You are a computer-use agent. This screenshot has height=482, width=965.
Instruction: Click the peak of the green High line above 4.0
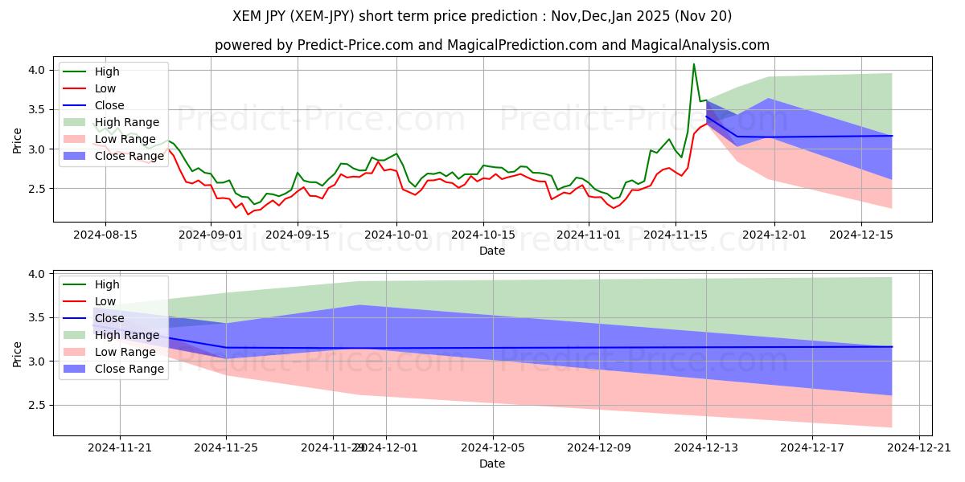coord(694,64)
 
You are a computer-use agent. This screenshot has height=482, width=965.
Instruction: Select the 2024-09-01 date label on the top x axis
coord(211,235)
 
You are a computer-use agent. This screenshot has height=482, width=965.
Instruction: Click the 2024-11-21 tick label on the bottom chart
coord(120,448)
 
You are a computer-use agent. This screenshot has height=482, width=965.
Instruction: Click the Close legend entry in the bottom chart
coord(109,318)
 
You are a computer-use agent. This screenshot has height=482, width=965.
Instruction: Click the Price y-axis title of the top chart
coord(18,141)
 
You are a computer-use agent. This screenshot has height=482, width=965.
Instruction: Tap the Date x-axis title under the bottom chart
coord(492,464)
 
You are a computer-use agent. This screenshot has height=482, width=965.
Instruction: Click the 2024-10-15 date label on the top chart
coord(482,235)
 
